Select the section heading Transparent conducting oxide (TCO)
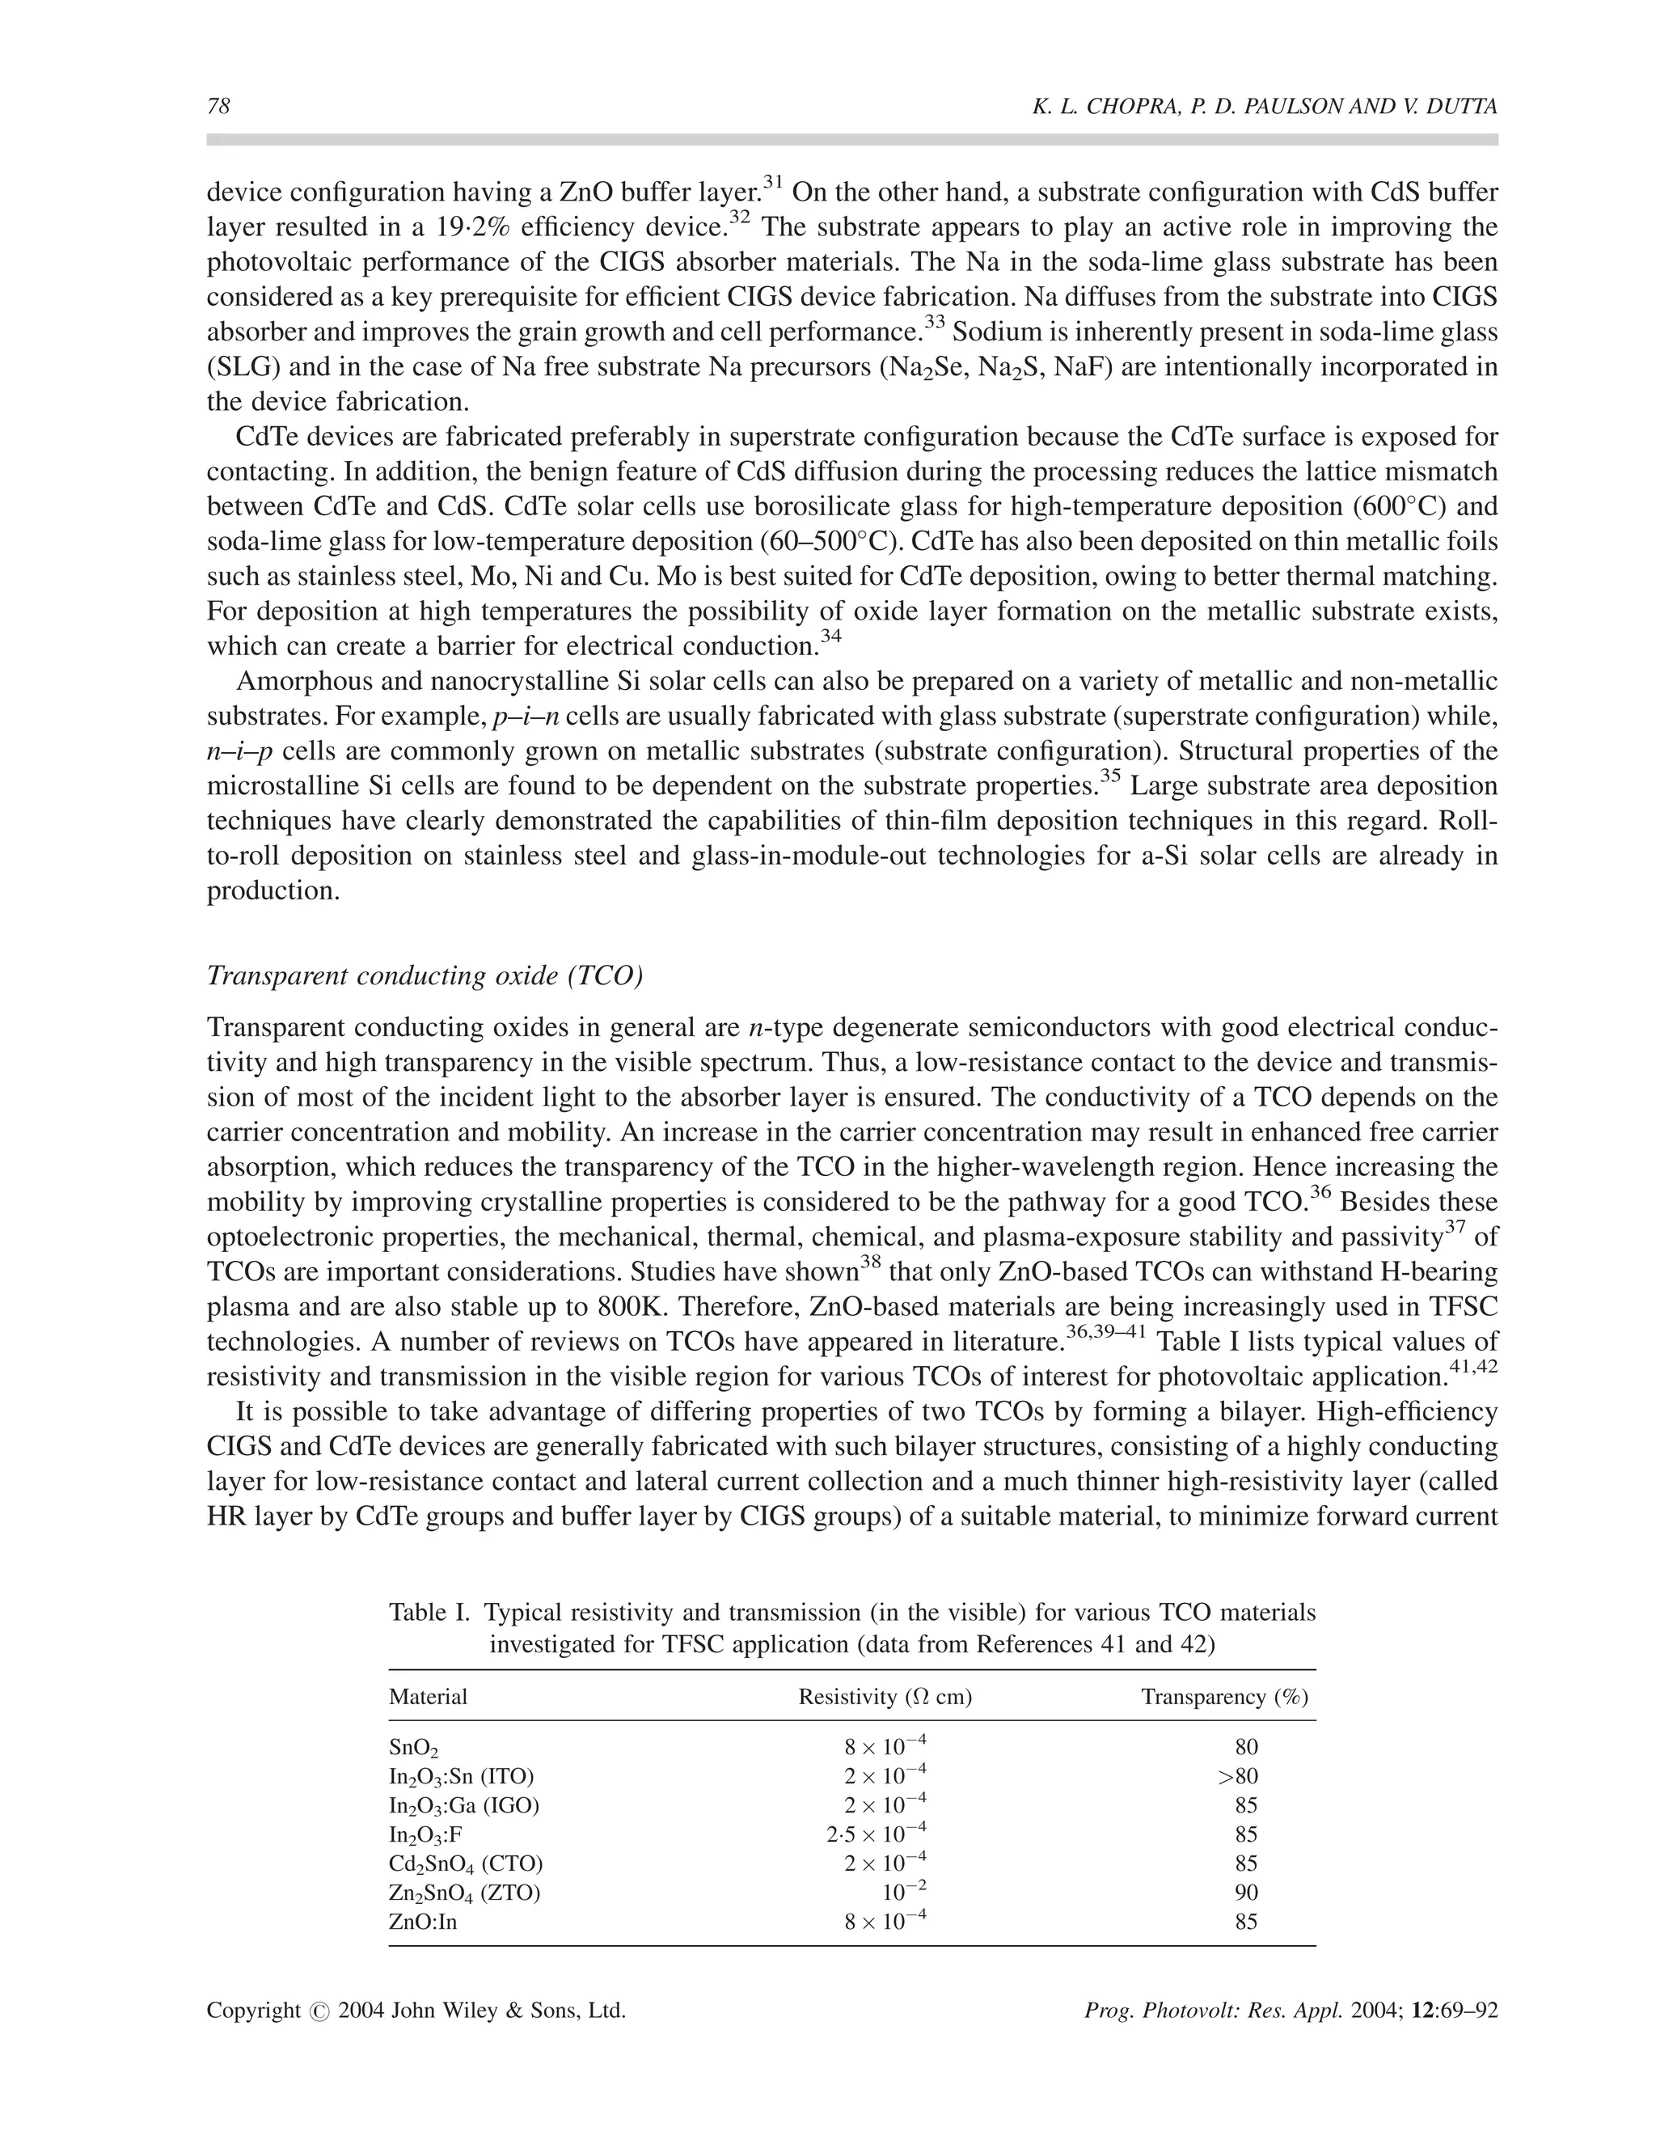pyautogui.click(x=424, y=976)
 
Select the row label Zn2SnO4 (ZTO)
pyautogui.click(x=464, y=1893)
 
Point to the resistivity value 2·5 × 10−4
pyautogui.click(x=877, y=1834)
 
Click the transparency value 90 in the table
pyautogui.click(x=1246, y=1893)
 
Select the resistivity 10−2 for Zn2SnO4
pyautogui.click(x=904, y=1891)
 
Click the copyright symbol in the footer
pyautogui.click(x=319, y=2011)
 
